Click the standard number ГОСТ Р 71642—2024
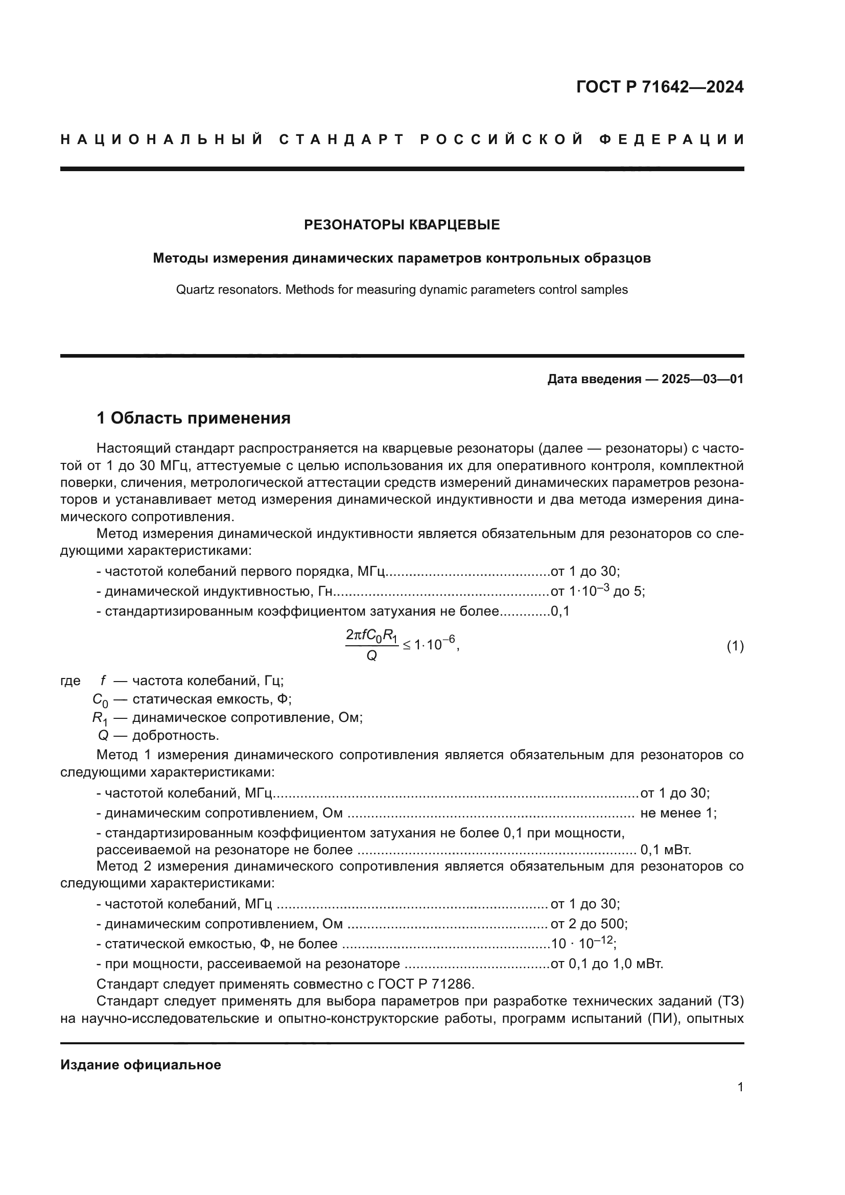coord(659,87)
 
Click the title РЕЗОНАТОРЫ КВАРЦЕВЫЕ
coord(402,225)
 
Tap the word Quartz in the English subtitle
coord(193,289)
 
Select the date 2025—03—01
coord(702,379)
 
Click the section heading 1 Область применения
coord(193,418)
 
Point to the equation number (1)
coord(735,646)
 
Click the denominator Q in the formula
coord(371,657)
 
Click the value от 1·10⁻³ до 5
coord(597,591)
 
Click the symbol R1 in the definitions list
coord(100,718)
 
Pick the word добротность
coord(175,735)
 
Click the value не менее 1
coord(678,813)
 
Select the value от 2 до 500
coord(589,924)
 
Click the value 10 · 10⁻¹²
coord(583,944)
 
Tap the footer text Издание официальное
coord(140,1065)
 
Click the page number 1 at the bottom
coord(740,1087)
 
